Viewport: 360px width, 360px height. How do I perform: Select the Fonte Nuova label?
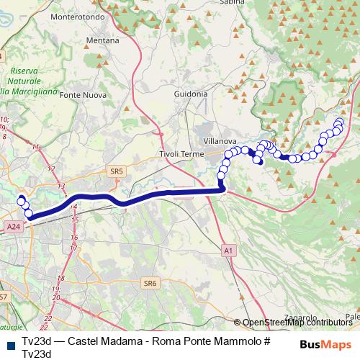[x=83, y=94]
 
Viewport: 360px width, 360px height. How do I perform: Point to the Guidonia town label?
[x=191, y=94]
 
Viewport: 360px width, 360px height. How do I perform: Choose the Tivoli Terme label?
[x=181, y=154]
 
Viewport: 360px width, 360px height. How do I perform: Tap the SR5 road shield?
[x=117, y=171]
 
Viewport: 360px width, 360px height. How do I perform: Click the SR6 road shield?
[x=150, y=284]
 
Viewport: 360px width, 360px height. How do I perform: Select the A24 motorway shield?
[x=13, y=226]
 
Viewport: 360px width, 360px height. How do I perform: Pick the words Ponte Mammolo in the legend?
[x=215, y=341]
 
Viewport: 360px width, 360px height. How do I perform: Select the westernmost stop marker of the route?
[x=21, y=199]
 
